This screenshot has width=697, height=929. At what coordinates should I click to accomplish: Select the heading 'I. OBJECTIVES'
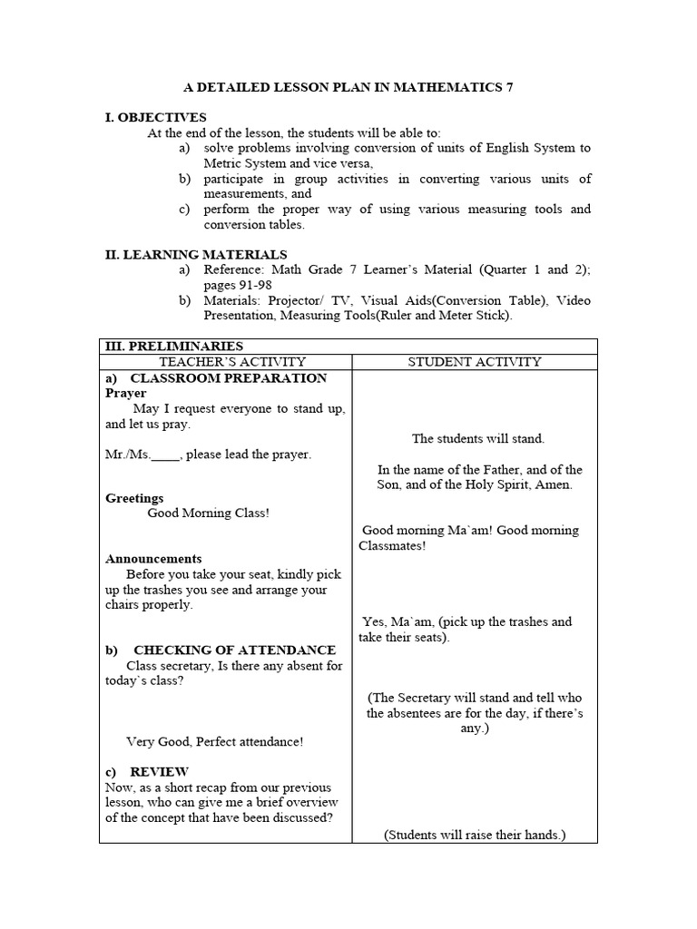pos(156,117)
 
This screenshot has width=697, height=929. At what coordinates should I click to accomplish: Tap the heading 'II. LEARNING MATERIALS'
pos(196,255)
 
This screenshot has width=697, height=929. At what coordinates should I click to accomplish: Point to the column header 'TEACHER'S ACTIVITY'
pos(226,362)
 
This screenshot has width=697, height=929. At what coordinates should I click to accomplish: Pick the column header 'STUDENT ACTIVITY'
pos(474,362)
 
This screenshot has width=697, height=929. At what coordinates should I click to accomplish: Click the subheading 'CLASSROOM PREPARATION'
pos(229,377)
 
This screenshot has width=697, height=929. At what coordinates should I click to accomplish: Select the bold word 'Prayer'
pos(125,394)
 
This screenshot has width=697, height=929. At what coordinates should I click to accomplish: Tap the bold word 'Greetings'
pos(134,498)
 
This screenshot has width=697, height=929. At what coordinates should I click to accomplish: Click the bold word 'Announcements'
pos(153,559)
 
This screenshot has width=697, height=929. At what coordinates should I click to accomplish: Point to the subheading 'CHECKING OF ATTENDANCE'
pos(234,650)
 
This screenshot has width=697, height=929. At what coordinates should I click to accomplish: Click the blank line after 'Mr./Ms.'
pos(165,455)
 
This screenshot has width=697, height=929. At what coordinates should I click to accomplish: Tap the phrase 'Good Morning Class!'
pos(208,513)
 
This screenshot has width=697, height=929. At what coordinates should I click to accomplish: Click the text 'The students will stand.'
pos(478,438)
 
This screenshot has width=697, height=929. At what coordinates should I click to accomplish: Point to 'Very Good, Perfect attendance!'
pos(215,741)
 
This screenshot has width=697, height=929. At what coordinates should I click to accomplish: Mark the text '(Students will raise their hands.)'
pos(474,835)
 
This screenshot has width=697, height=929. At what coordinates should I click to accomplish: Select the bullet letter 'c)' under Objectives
pos(185,209)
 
